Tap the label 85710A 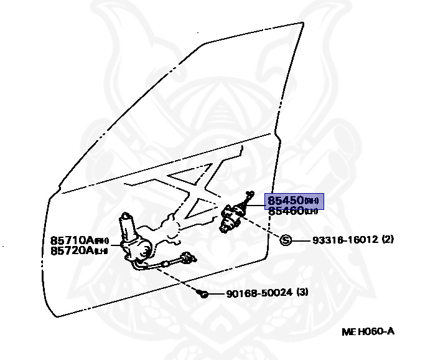coord(72,240)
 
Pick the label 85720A coord(72,250)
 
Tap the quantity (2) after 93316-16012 coord(388,240)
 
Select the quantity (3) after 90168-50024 coord(302,292)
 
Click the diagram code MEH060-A coord(368,331)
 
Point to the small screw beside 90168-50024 coord(203,293)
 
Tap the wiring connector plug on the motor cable coord(186,257)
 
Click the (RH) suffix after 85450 coord(312,201)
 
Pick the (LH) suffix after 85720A coord(101,250)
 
